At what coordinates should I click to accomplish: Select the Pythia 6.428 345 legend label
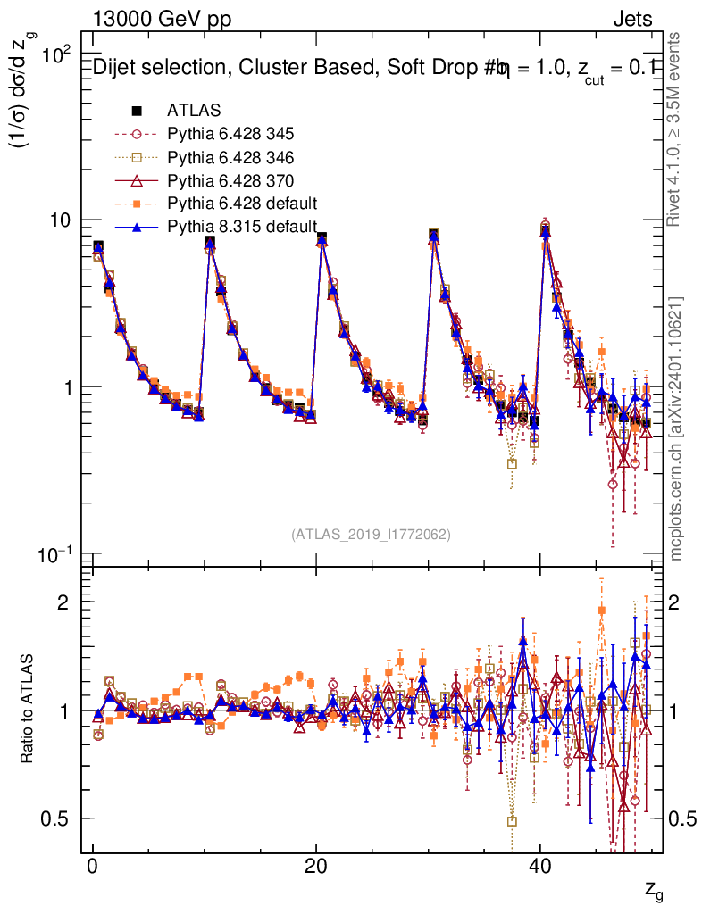(230, 134)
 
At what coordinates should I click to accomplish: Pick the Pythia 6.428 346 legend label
(230, 156)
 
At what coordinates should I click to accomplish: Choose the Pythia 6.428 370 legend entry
(230, 179)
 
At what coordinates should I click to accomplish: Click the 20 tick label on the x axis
(315, 868)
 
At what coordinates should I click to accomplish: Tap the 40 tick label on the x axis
(539, 868)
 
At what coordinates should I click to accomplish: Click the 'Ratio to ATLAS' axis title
(28, 710)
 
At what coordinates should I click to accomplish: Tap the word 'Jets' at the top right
(632, 20)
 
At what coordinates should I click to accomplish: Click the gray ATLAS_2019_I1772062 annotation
(371, 534)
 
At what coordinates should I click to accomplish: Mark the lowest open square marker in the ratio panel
(512, 821)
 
